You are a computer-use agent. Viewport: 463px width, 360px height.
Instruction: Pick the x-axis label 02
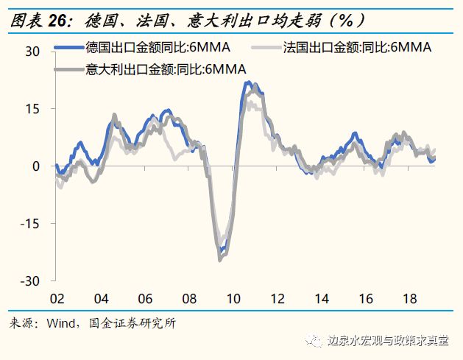[57, 300]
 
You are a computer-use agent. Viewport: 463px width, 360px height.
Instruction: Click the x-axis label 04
[101, 300]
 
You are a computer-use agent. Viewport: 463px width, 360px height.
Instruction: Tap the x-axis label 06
[145, 300]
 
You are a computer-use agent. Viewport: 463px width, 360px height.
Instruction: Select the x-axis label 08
[189, 300]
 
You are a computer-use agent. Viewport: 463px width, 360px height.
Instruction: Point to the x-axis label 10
[233, 300]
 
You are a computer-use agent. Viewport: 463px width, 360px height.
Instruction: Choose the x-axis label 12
[278, 300]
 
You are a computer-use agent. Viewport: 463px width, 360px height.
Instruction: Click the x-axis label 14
[322, 300]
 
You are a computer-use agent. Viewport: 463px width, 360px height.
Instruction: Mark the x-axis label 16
[366, 300]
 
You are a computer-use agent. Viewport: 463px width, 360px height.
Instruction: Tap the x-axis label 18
[410, 300]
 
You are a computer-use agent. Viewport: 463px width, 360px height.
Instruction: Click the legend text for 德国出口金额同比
[158, 49]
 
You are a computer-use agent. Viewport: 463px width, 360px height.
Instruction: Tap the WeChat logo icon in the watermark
[317, 341]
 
